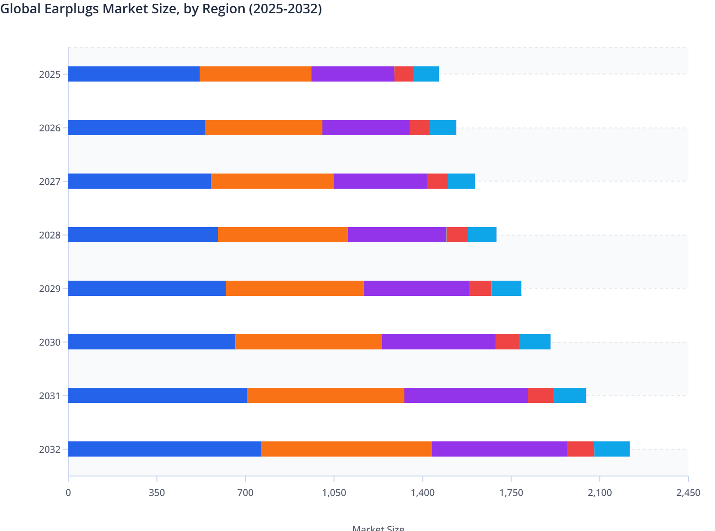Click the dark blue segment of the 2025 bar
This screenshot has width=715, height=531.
[x=134, y=74]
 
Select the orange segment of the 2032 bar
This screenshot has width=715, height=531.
[x=347, y=449]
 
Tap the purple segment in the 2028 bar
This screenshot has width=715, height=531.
[x=397, y=235]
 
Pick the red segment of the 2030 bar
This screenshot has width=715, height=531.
[x=507, y=342]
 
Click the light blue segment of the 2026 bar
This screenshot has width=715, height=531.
[x=442, y=128]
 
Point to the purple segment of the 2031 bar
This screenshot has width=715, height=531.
[x=466, y=395]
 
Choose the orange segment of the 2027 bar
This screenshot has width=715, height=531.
[x=273, y=181]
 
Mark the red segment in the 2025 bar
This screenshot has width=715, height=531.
[x=403, y=74]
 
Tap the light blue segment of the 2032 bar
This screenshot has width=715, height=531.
[x=612, y=449]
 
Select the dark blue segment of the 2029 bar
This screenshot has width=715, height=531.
[x=147, y=288]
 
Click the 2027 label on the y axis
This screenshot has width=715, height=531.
[x=50, y=182]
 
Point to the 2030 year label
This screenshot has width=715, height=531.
[x=50, y=342]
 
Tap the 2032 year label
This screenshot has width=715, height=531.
[x=50, y=449]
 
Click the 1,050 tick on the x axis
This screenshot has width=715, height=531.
[x=334, y=493]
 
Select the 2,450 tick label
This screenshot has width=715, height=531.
[x=688, y=493]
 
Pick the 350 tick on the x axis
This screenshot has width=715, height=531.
[x=156, y=493]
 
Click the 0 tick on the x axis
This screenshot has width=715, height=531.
[x=68, y=493]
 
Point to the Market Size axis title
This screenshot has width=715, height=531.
[x=378, y=527]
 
